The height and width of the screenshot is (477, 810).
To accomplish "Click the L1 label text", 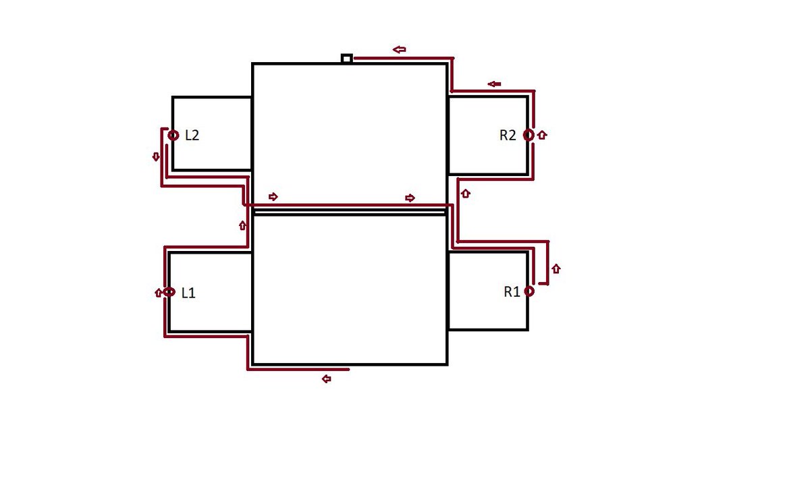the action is [x=188, y=293].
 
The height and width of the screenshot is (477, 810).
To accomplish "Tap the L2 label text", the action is [x=192, y=135].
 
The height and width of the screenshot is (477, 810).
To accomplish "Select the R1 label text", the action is [x=512, y=291].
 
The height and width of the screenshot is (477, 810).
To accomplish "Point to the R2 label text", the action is [x=508, y=135].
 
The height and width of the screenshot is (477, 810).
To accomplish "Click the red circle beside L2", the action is [x=173, y=135].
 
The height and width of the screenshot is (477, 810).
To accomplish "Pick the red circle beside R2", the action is [x=529, y=135].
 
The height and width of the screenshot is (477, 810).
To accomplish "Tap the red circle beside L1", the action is [x=169, y=292].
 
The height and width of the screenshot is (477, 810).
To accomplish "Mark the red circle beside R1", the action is [x=529, y=291].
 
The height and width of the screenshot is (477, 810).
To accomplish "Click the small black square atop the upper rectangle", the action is [x=346, y=59].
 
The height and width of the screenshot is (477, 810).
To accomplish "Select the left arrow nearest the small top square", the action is [x=400, y=49].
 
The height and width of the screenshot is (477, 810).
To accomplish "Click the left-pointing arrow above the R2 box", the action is [x=494, y=84].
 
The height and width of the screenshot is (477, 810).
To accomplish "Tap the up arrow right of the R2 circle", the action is [x=543, y=135].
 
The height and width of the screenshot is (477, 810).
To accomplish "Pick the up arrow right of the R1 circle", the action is [x=556, y=269].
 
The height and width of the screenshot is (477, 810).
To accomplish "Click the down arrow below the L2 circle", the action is [x=156, y=157].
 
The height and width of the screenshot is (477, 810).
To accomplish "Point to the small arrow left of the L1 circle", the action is [x=158, y=293].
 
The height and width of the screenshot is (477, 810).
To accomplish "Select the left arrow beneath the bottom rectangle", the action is [x=327, y=379].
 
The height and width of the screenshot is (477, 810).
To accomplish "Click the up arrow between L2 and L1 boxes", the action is [x=242, y=225].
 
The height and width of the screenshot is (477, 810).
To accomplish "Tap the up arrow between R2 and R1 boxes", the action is [x=465, y=194].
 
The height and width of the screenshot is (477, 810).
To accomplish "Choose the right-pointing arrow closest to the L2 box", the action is [x=273, y=196].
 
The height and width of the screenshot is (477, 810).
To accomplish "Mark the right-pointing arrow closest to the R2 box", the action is [x=410, y=198].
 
